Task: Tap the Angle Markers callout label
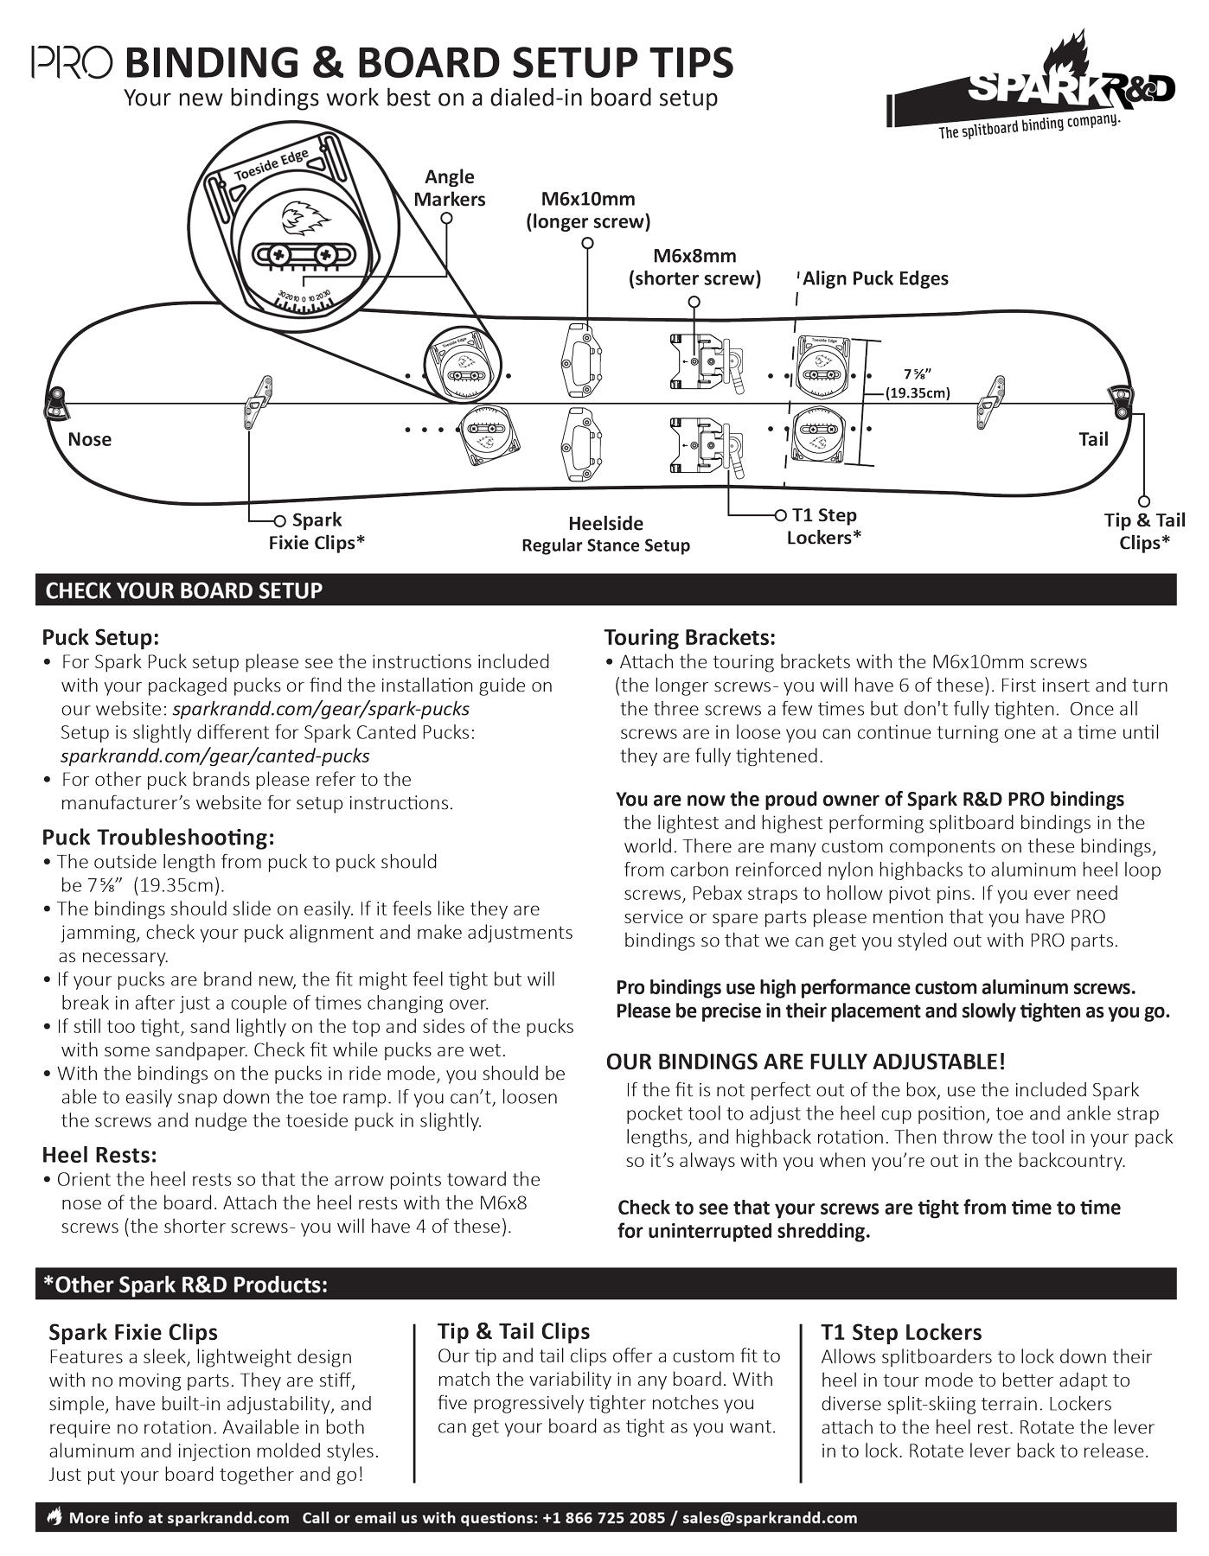pyautogui.click(x=449, y=188)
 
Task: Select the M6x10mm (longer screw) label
pyautogui.click(x=588, y=210)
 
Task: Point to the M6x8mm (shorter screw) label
pyautogui.click(x=694, y=267)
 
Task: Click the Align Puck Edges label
pyautogui.click(x=875, y=278)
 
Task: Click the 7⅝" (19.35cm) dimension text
pyautogui.click(x=918, y=383)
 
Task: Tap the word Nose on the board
pyautogui.click(x=89, y=439)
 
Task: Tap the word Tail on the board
pyautogui.click(x=1093, y=439)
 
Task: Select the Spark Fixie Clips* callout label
pyautogui.click(x=317, y=531)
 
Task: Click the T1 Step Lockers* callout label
pyautogui.click(x=824, y=526)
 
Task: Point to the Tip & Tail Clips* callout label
pyautogui.click(x=1144, y=531)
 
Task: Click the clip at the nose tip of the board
pyautogui.click(x=56, y=401)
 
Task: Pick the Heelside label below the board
pyautogui.click(x=605, y=524)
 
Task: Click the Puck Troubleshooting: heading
pyautogui.click(x=158, y=837)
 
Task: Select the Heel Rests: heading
pyautogui.click(x=99, y=1155)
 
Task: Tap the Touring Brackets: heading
pyautogui.click(x=689, y=637)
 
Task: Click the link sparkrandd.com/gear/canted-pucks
pyautogui.click(x=215, y=756)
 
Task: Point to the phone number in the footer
pyautogui.click(x=604, y=1517)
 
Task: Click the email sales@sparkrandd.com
pyautogui.click(x=770, y=1517)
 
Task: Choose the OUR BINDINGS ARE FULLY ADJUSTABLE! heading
pyautogui.click(x=805, y=1062)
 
